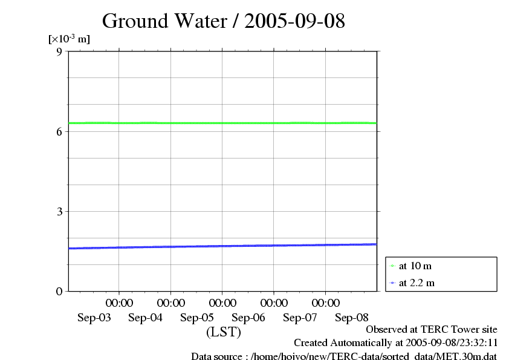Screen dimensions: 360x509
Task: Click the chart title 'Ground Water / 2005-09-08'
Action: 224,21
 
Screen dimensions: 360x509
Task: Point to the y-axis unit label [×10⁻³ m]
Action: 69,39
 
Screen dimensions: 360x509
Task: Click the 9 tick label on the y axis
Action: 59,51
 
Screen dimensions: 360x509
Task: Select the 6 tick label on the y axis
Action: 59,131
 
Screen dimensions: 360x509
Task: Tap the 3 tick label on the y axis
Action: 59,211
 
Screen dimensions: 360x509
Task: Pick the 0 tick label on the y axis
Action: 59,291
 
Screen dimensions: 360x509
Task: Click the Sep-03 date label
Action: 94,318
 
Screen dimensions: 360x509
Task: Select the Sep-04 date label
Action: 146,318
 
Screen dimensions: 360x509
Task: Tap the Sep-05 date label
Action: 197,318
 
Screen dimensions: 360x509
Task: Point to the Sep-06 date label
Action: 248,318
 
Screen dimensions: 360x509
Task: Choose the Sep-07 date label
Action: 300,318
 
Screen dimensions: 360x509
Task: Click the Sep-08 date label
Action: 351,318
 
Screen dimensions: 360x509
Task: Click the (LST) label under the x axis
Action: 223,332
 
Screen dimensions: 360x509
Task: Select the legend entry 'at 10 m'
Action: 415,266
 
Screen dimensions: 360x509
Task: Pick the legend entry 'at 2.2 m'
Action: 417,283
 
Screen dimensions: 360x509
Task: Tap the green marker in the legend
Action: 392,266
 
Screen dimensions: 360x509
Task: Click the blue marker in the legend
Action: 392,283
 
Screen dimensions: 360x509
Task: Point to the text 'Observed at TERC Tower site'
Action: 432,330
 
